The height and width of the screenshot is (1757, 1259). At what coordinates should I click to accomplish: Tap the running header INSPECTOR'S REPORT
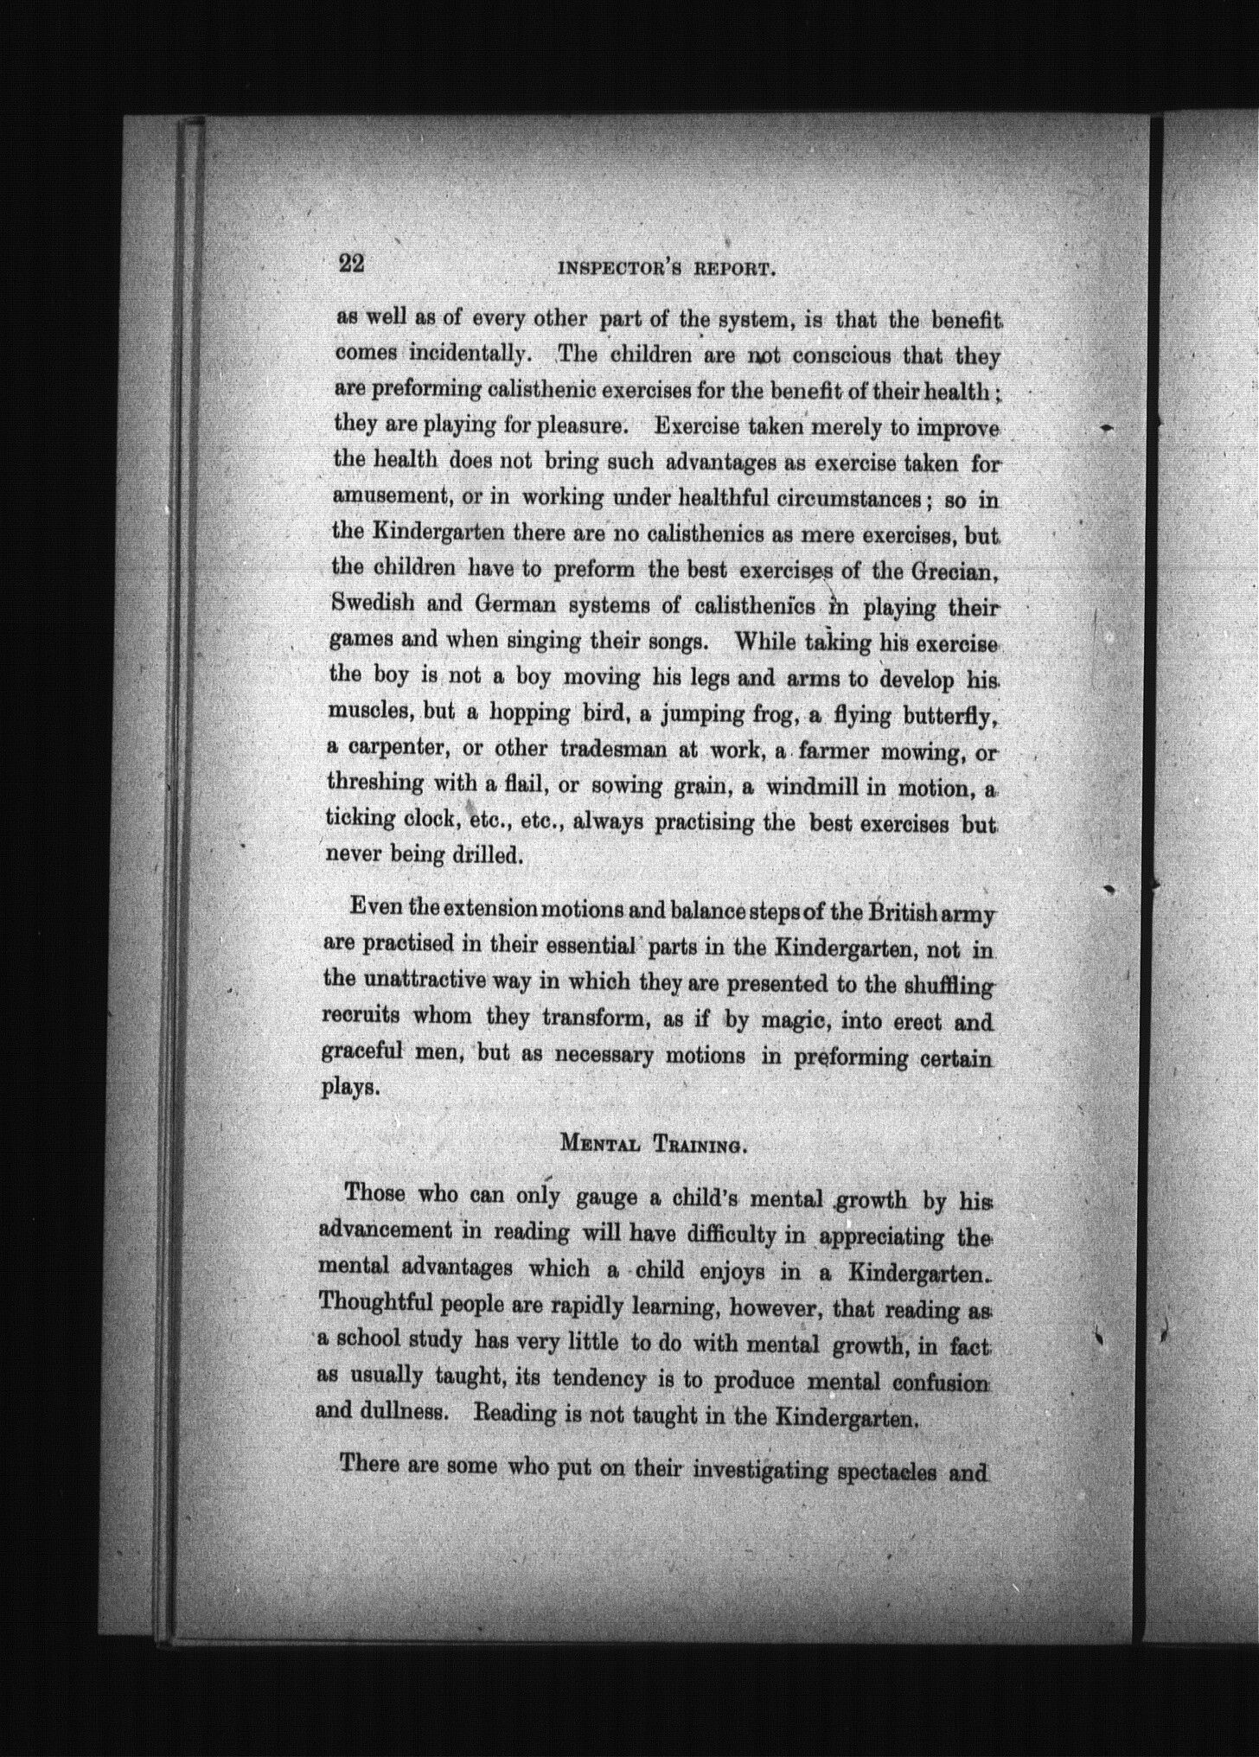[x=665, y=267]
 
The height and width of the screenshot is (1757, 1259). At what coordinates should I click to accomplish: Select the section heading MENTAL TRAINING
[x=653, y=1145]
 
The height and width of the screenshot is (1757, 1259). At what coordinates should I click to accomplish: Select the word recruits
[x=361, y=1015]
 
